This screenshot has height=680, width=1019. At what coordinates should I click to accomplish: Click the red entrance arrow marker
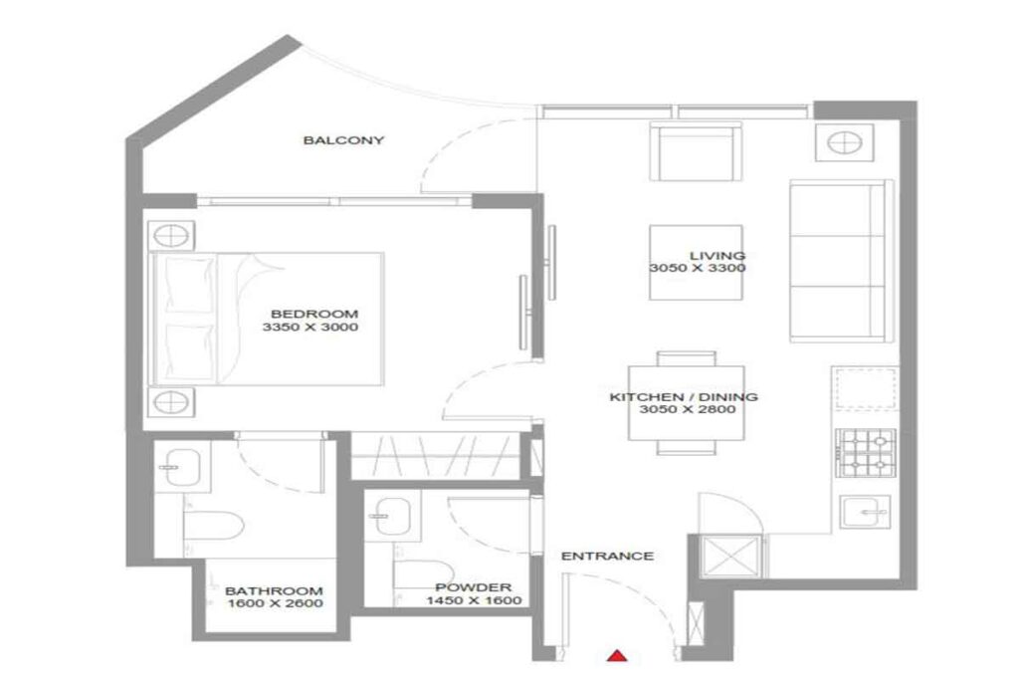pyautogui.click(x=618, y=655)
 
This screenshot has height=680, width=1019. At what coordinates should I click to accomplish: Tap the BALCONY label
pyautogui.click(x=343, y=140)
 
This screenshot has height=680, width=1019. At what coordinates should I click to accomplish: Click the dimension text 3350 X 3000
pyautogui.click(x=309, y=328)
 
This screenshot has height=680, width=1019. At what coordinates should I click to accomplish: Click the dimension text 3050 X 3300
pyautogui.click(x=698, y=269)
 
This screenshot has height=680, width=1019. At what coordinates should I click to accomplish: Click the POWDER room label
pyautogui.click(x=460, y=587)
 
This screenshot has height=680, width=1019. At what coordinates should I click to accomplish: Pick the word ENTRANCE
pyautogui.click(x=607, y=556)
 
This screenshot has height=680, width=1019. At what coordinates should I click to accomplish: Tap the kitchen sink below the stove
pyautogui.click(x=865, y=513)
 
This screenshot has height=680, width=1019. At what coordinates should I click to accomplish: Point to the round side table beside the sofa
pyautogui.click(x=839, y=142)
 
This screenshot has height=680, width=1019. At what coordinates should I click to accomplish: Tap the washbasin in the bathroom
pyautogui.click(x=185, y=465)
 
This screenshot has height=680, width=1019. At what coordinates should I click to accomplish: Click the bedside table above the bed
pyautogui.click(x=170, y=236)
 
